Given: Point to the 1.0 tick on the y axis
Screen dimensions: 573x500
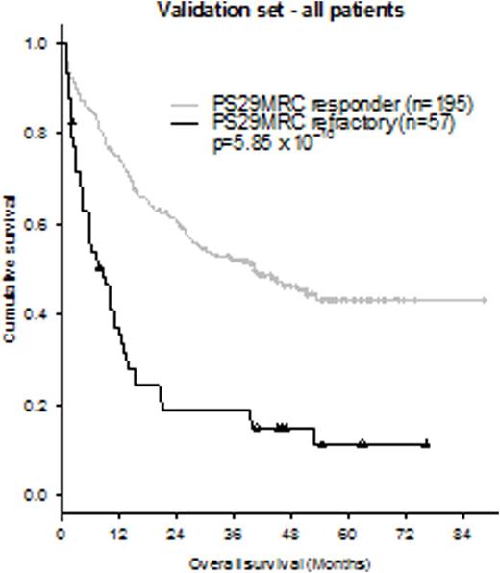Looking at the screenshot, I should pos(34,44).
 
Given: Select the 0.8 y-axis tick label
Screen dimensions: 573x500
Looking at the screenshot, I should pos(34,135).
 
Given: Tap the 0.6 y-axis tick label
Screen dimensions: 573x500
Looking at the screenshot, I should pos(34,225).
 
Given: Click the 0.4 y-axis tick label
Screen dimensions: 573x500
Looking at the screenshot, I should pos(34,314).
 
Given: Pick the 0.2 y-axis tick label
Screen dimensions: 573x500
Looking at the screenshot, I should pos(34,405).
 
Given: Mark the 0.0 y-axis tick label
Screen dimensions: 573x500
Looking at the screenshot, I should pos(34,495).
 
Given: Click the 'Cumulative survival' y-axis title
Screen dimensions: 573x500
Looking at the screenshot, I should pos(11,269).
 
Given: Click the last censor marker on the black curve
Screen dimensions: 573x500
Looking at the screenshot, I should pos(426,444).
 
